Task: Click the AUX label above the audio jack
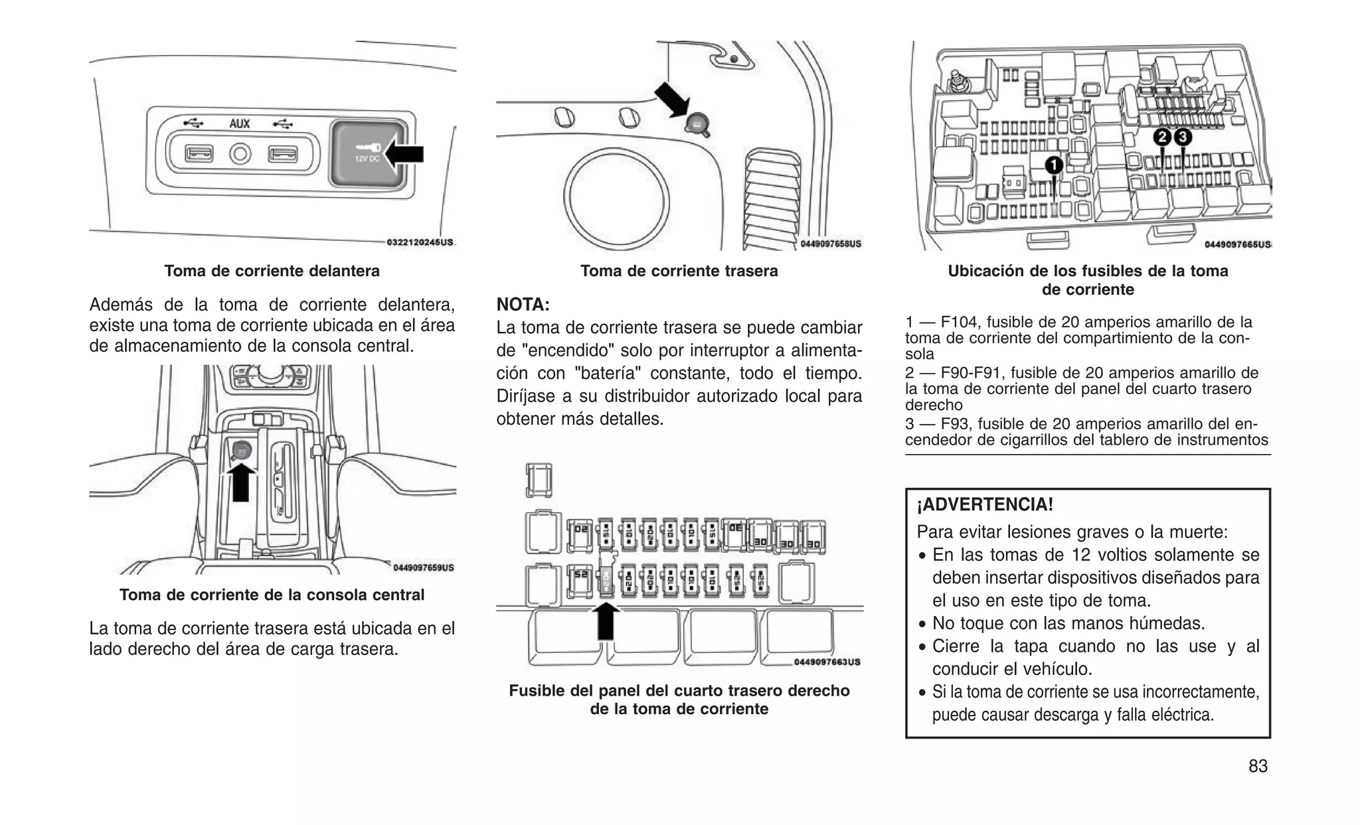click(x=240, y=123)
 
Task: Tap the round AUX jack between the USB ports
click(x=240, y=155)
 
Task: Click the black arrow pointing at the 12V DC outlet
click(x=404, y=155)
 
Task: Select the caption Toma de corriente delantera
click(x=272, y=271)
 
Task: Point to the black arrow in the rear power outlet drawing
click(x=672, y=100)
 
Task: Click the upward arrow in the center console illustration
click(x=241, y=482)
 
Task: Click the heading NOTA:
click(x=523, y=305)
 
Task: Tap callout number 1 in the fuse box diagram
click(x=1054, y=165)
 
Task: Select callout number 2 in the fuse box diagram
click(x=1161, y=137)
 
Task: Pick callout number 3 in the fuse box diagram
click(x=1183, y=137)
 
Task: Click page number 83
click(x=1258, y=766)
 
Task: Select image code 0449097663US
click(x=827, y=662)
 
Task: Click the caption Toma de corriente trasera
click(x=679, y=271)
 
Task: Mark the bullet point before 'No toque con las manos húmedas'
click(x=922, y=625)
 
